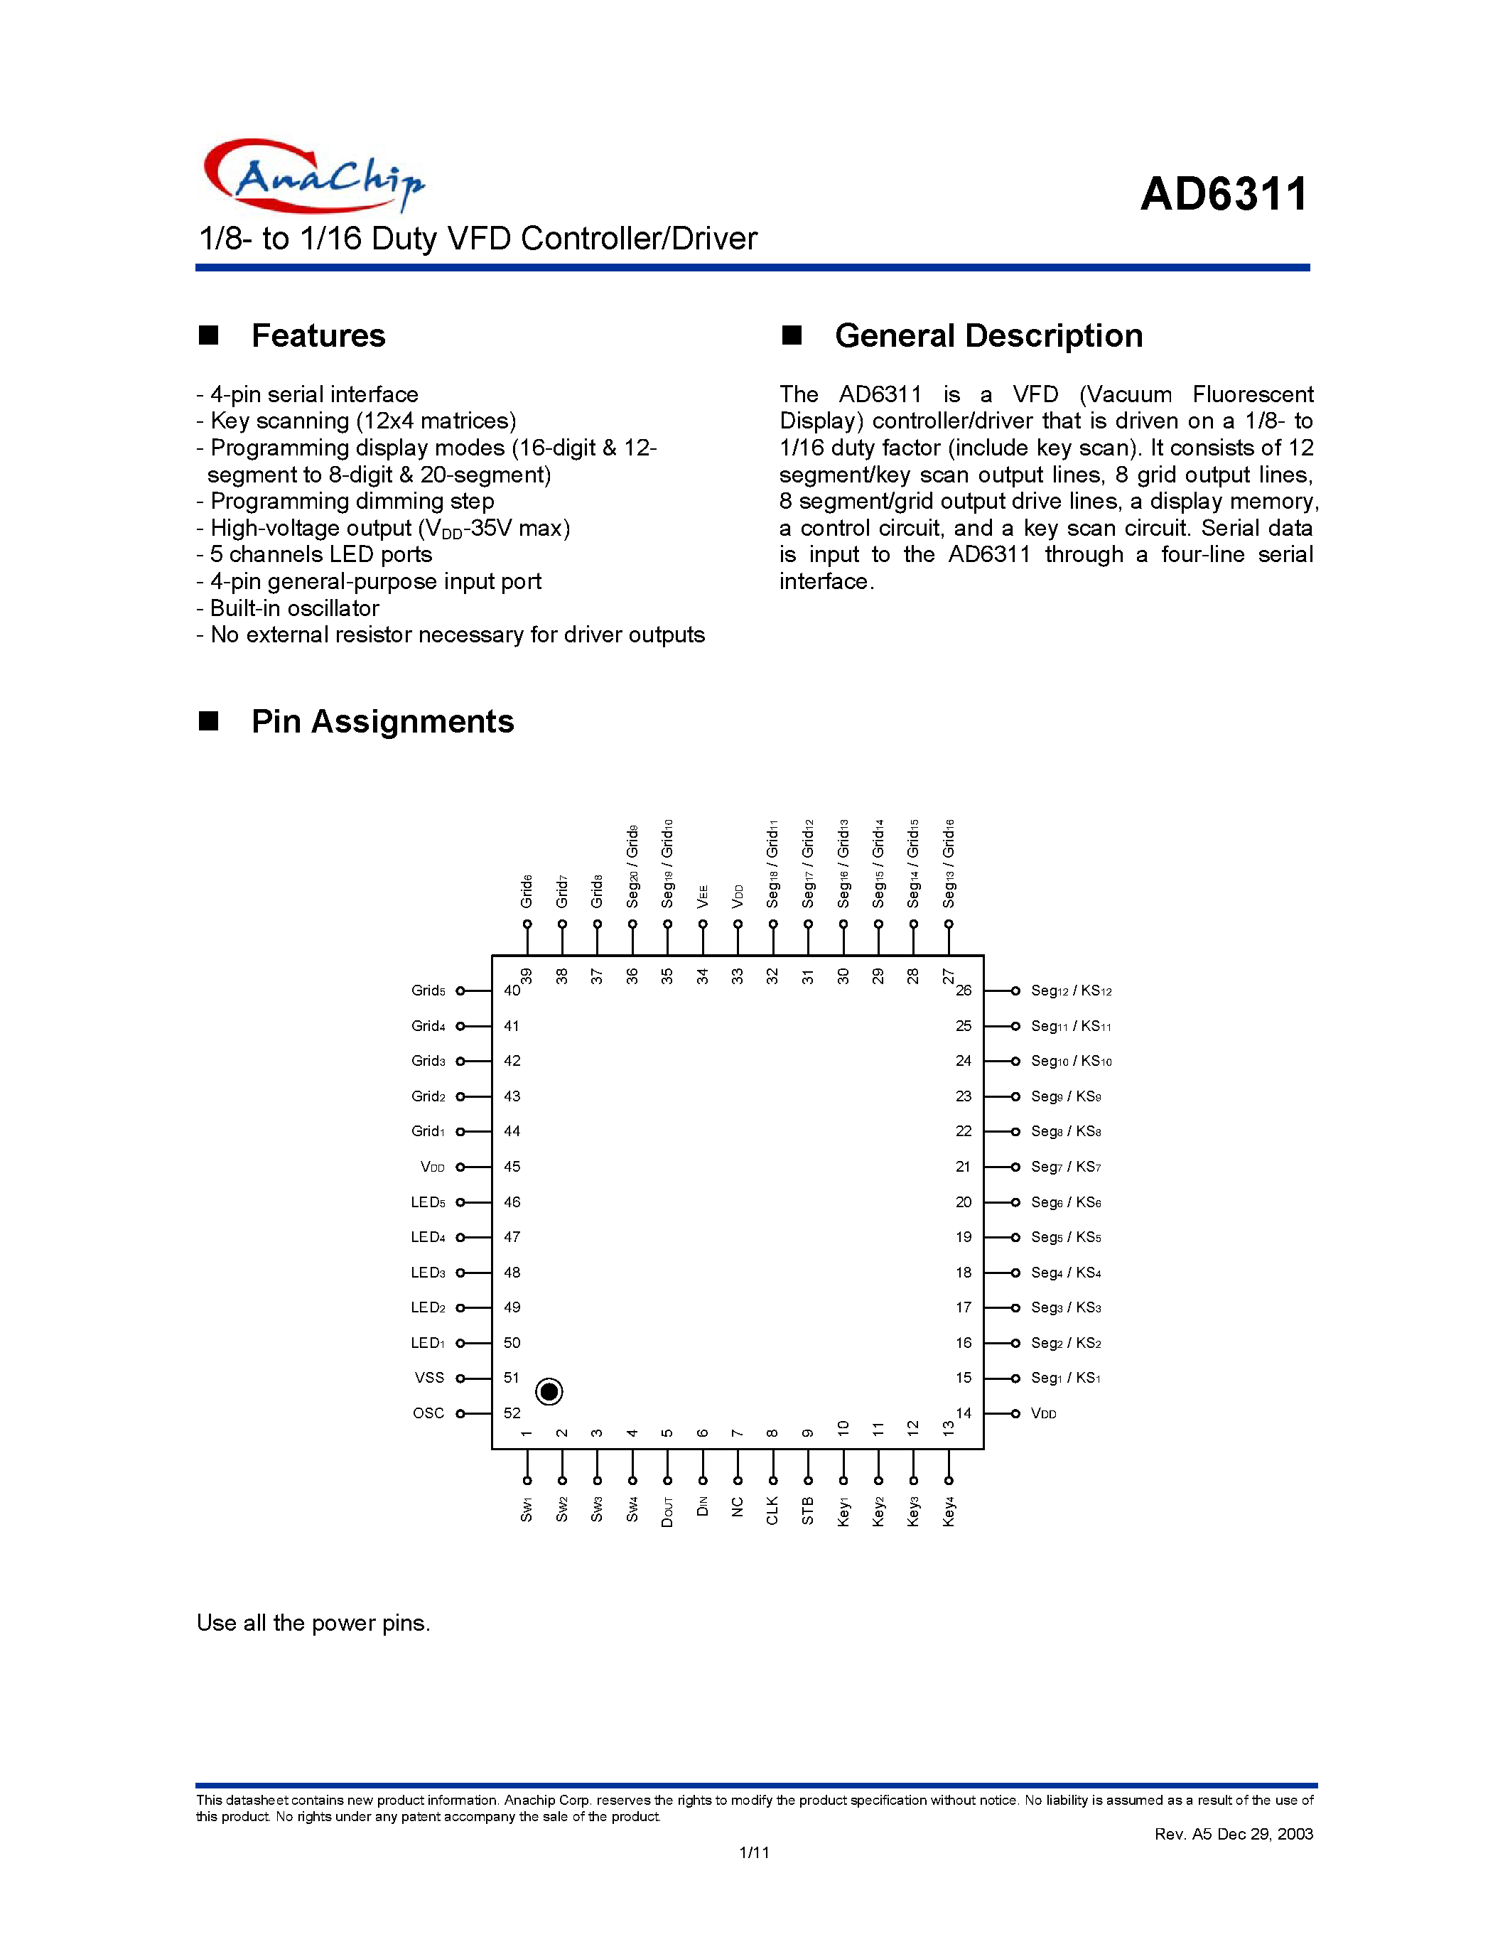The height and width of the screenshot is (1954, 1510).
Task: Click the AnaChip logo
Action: click(313, 176)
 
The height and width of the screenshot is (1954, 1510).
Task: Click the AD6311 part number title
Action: click(1224, 194)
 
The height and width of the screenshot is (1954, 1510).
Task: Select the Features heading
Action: click(318, 335)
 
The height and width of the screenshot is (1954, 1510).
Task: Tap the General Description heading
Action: click(988, 335)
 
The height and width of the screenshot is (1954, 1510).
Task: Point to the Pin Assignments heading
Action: click(382, 721)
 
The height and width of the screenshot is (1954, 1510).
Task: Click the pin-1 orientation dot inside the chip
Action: click(549, 1391)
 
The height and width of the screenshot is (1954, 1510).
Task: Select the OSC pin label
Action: click(428, 1413)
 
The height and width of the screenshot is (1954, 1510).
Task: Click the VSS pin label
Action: click(429, 1378)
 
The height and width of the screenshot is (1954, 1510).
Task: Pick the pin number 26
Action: click(964, 991)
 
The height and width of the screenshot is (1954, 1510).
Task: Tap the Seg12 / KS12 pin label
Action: click(1071, 991)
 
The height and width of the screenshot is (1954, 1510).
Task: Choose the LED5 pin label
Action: click(428, 1202)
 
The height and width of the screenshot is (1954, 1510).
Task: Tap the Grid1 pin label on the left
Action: click(428, 1131)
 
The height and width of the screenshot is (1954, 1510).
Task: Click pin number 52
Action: click(512, 1413)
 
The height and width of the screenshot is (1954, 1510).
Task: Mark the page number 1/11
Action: click(754, 1852)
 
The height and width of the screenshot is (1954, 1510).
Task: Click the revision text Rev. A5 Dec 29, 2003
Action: click(1234, 1834)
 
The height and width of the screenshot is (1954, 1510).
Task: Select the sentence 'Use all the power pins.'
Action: click(313, 1623)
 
